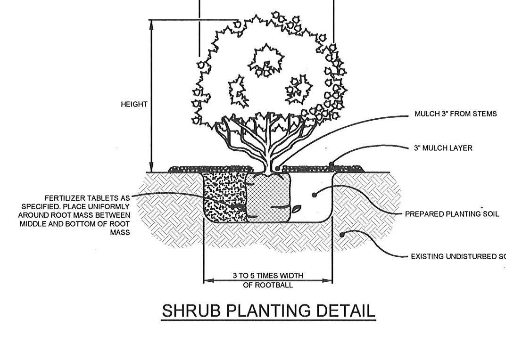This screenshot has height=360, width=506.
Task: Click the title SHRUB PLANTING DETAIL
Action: pos(268,311)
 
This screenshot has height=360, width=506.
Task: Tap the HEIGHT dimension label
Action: pos(134,104)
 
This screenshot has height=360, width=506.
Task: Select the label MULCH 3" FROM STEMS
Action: pos(455,114)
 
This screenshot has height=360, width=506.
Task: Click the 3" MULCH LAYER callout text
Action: pos(443,148)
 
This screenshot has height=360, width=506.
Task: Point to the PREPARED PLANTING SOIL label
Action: pos(452,214)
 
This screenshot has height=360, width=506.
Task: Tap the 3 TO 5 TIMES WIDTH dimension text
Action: pos(268,276)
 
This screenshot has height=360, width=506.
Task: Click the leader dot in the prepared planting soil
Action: pos(315,194)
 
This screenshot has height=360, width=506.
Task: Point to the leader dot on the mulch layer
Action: pos(332,164)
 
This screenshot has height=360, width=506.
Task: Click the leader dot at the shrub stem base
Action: pos(278,168)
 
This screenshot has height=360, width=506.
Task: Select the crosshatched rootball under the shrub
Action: pos(268,198)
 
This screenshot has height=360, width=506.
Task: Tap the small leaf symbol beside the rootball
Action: pos(296,208)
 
